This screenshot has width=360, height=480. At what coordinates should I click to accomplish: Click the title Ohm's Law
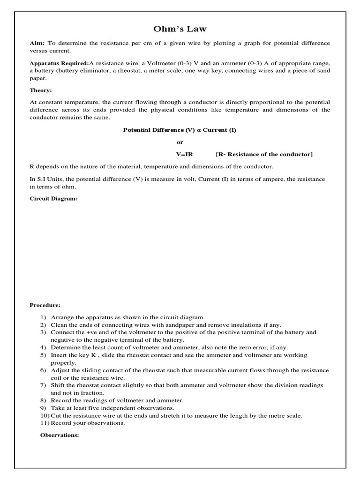pos(180,29)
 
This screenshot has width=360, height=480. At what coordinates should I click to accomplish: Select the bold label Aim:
pos(37,43)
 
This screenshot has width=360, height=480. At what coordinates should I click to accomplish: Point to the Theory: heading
pos(41,90)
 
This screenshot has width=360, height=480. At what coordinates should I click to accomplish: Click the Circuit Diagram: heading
pos(53,198)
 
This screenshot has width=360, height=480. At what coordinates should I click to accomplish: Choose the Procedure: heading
pos(45,305)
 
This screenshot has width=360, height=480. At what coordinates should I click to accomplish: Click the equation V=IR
pos(184,154)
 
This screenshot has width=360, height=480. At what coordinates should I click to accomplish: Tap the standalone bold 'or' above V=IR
pos(180,142)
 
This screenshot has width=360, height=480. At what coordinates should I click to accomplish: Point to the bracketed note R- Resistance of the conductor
pos(264,154)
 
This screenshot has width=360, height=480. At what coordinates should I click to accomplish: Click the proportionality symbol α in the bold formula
pos(199,130)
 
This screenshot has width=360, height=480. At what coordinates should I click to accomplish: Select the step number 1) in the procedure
pos(43,317)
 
